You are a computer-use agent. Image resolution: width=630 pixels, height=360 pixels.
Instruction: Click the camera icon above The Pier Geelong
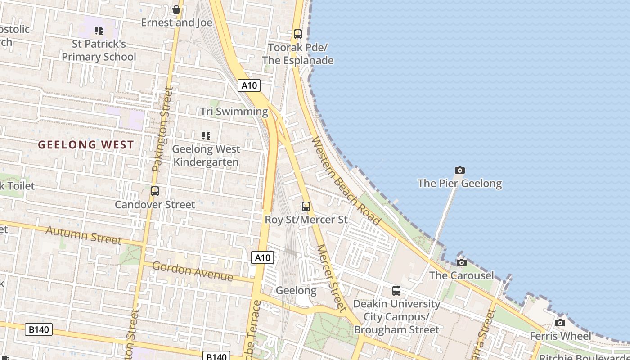tap(459, 170)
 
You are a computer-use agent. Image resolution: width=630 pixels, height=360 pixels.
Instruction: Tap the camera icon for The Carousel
tap(461, 262)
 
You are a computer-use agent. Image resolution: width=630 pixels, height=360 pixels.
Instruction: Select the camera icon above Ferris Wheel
tap(560, 323)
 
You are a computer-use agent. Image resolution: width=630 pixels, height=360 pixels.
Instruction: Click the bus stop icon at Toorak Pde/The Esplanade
tap(297, 34)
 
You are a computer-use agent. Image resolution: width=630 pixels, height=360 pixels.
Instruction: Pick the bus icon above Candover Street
tap(155, 191)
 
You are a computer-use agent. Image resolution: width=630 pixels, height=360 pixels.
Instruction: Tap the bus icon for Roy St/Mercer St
tap(306, 207)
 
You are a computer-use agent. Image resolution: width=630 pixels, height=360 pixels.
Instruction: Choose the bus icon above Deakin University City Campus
tap(396, 291)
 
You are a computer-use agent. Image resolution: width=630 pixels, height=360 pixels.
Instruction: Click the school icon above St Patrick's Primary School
tap(99, 31)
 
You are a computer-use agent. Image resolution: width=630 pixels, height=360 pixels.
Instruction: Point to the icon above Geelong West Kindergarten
tap(206, 135)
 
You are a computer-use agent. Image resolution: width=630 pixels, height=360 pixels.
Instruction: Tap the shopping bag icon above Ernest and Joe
tap(176, 9)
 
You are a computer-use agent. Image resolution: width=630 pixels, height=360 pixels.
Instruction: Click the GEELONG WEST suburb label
tap(86, 145)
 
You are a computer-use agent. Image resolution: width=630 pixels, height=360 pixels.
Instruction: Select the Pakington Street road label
tap(162, 130)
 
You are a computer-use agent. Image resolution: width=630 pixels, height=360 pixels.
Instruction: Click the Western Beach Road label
tap(346, 181)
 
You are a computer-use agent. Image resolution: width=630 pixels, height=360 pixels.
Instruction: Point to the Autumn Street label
tap(83, 235)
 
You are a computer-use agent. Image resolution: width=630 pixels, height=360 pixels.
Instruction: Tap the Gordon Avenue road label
tap(192, 271)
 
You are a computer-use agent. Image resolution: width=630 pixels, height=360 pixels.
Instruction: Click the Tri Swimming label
tap(234, 112)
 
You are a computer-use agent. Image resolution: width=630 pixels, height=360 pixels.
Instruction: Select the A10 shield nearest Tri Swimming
tap(249, 85)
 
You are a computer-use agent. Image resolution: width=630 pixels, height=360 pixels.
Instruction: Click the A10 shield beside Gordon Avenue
tap(262, 257)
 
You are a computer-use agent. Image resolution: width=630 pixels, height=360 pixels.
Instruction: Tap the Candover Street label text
tap(155, 205)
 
